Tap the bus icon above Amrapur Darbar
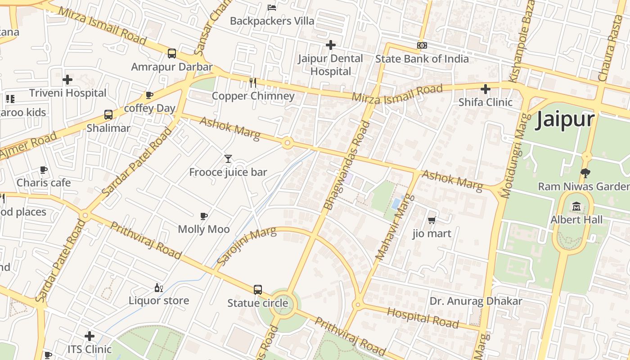tap(172, 54)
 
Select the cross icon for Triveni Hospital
tap(67, 80)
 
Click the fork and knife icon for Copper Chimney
tap(253, 82)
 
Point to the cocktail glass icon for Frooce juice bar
tap(228, 158)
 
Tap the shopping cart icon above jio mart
tap(432, 220)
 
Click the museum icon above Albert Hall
tap(576, 207)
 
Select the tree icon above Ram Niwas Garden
tap(585, 173)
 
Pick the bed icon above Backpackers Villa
tap(272, 7)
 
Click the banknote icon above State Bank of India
tap(422, 45)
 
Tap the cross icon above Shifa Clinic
tap(485, 89)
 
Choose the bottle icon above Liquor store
tap(158, 288)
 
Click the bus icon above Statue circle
tap(257, 290)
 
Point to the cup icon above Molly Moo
tap(204, 216)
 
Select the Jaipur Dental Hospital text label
tap(331, 65)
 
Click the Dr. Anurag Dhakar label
tap(476, 301)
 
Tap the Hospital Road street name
tap(423, 318)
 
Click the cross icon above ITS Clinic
tap(90, 336)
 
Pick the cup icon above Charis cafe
tap(44, 170)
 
